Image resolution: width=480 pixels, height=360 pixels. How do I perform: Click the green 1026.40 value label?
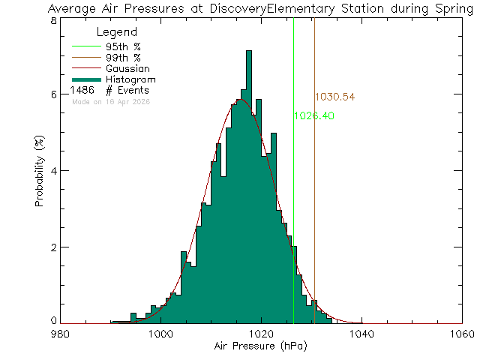tap(313, 116)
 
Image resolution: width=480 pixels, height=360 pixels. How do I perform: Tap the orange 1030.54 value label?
tap(334, 97)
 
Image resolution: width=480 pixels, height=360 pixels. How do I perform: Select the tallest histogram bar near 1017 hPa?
tap(248, 187)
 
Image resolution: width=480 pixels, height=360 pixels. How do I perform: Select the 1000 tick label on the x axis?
tap(160, 334)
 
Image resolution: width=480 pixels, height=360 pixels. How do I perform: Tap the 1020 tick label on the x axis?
tap(261, 334)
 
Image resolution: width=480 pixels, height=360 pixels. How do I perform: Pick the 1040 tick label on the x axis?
tap(361, 334)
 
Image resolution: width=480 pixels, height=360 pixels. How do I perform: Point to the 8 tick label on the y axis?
tap(53, 21)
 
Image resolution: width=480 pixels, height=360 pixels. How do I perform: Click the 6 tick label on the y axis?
tap(53, 94)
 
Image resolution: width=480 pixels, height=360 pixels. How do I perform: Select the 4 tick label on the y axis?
tap(53, 170)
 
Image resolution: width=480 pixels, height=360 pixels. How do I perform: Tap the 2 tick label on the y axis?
tap(53, 247)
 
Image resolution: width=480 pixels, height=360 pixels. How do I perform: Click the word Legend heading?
tap(118, 32)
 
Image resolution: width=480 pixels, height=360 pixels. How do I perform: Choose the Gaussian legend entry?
tap(128, 68)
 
